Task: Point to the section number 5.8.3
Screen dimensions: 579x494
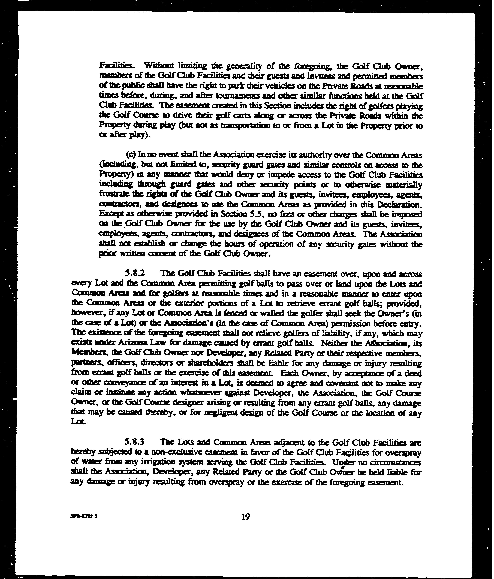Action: pyautogui.click(x=135, y=442)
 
